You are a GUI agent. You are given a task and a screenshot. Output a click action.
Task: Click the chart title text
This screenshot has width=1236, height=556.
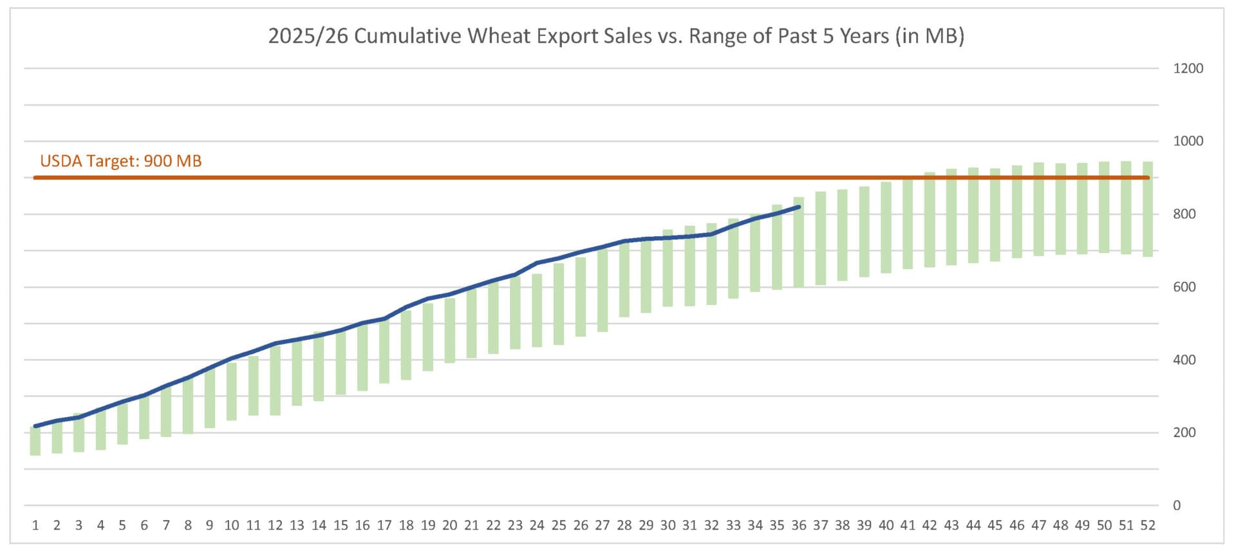click(616, 36)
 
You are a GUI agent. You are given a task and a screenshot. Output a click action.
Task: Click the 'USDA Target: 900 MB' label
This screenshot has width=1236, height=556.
click(121, 161)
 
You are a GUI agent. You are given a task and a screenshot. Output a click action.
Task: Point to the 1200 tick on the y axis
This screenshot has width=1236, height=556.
click(1188, 68)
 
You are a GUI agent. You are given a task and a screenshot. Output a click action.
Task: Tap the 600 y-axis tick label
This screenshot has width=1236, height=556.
click(1184, 287)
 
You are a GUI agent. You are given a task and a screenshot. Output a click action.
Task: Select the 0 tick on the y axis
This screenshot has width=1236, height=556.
click(1177, 506)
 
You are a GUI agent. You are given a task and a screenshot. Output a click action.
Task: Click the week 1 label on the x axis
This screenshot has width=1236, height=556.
click(35, 525)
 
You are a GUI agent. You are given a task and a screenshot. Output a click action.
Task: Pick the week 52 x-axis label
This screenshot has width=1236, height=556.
click(1148, 525)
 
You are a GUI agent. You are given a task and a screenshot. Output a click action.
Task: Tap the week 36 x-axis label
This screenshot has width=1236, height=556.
click(799, 525)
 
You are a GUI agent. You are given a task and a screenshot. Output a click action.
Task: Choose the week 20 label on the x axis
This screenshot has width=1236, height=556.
click(449, 525)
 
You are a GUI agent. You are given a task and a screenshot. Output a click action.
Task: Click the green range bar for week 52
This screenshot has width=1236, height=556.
click(1148, 209)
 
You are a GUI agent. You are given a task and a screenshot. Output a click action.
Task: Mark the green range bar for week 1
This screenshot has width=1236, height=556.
click(35, 441)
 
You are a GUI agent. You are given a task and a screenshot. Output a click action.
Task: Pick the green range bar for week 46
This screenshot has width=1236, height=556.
click(1017, 212)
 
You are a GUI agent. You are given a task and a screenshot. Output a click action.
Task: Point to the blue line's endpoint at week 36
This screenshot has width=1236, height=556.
click(799, 207)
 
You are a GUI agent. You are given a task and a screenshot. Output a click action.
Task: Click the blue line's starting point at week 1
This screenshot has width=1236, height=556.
click(35, 426)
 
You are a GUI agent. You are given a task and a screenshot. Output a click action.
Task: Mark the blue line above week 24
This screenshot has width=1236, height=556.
click(537, 263)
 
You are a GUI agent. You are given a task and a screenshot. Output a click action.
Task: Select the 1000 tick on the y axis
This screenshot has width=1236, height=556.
click(1188, 141)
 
